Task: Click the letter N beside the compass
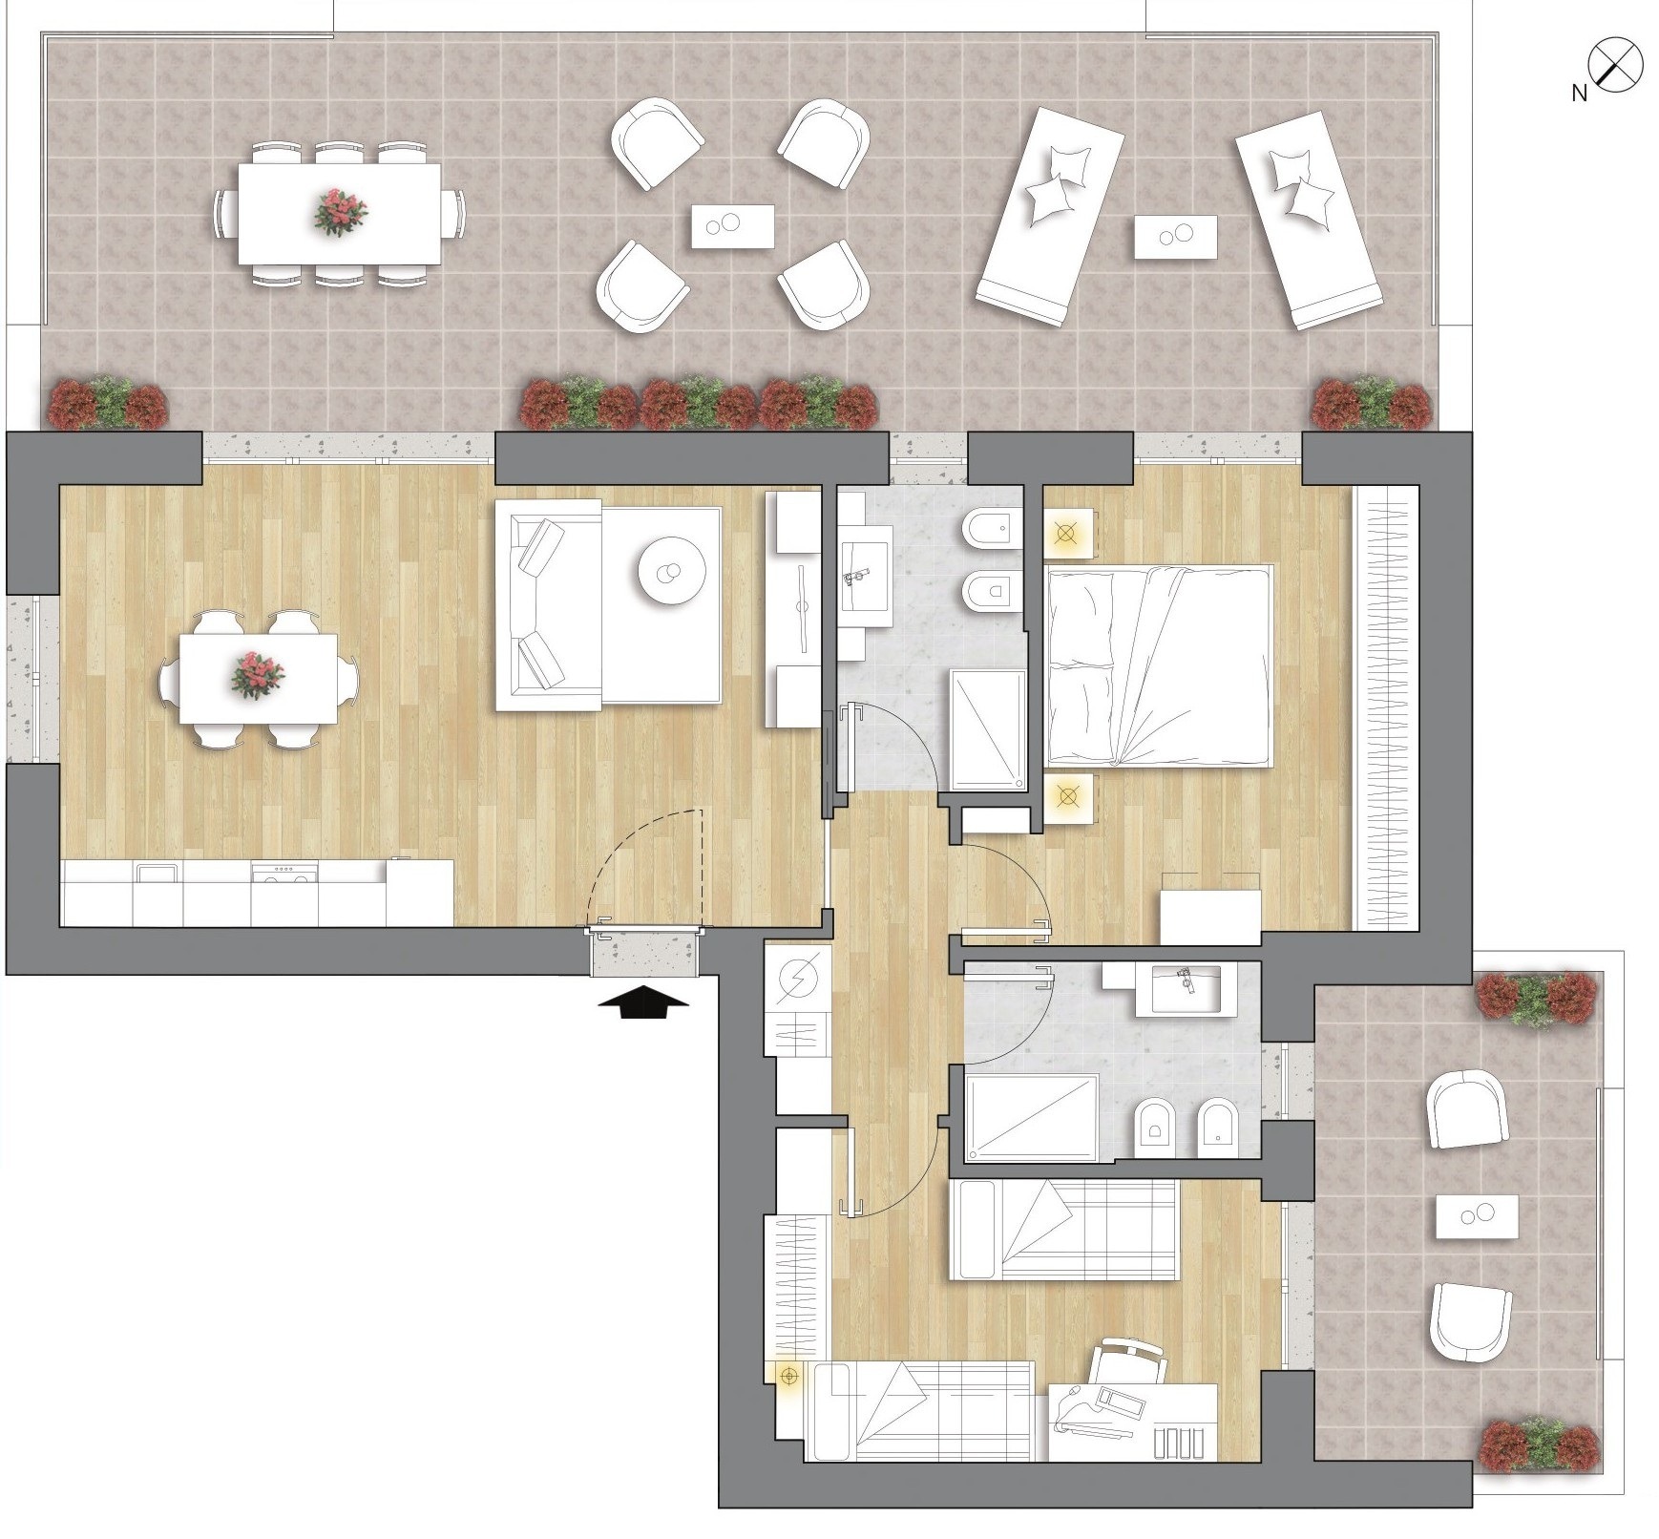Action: click(1580, 93)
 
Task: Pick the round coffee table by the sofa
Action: click(672, 571)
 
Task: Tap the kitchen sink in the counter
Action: click(157, 874)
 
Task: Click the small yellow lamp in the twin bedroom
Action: click(788, 1376)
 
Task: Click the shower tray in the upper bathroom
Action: click(988, 729)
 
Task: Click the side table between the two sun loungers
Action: click(1176, 236)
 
